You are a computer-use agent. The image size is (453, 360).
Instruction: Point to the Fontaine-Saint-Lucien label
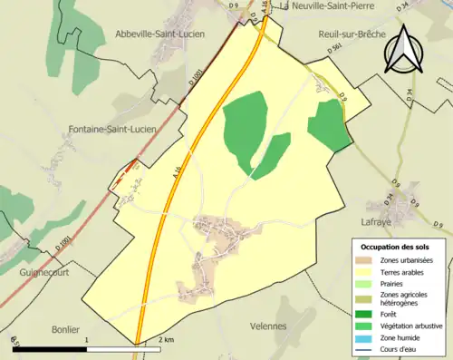point(112,130)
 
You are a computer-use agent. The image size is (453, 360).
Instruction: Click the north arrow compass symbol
point(403,50)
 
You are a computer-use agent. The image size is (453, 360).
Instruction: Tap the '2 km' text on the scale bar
point(165,339)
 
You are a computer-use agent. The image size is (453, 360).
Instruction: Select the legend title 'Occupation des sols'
point(396,247)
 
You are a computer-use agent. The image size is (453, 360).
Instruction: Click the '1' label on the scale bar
point(86,339)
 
